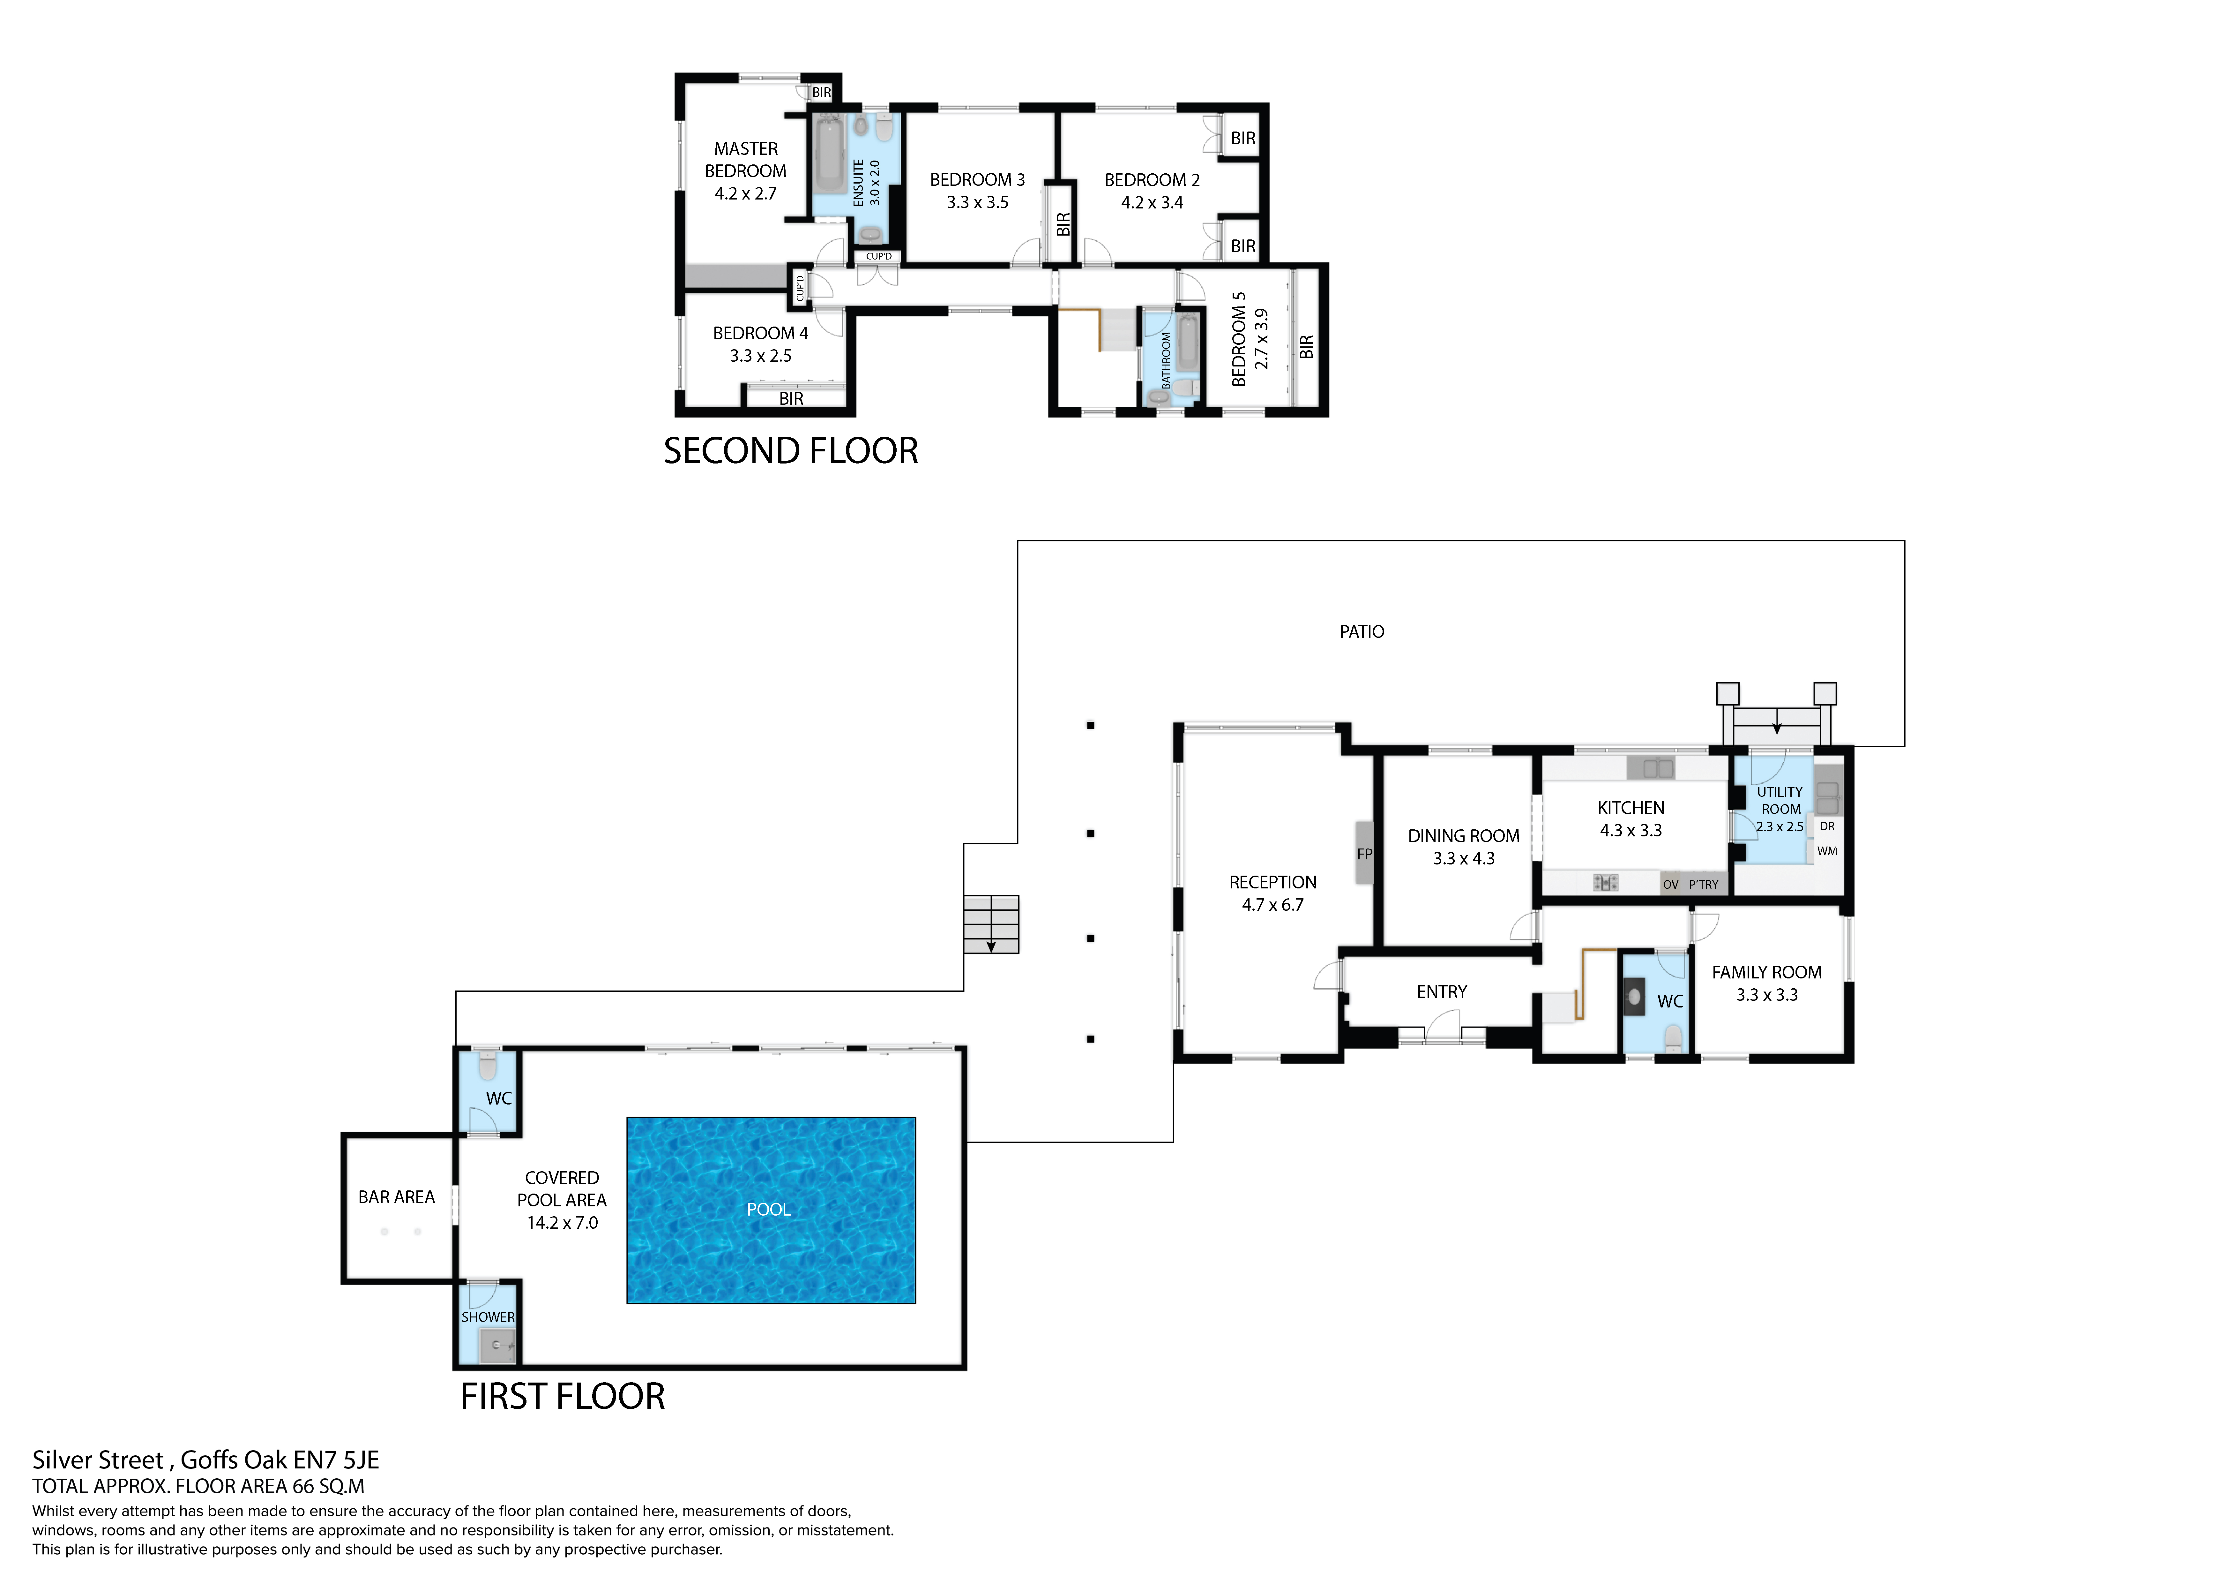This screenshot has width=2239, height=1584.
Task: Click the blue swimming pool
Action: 770,1210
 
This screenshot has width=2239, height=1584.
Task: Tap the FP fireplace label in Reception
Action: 1364,853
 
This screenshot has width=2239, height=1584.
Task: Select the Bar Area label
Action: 396,1197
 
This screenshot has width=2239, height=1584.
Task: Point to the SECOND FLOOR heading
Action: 790,451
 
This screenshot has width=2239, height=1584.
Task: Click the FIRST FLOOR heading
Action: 562,1397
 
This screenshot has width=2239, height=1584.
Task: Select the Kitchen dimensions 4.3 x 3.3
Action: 1631,830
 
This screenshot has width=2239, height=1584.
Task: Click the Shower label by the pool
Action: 488,1317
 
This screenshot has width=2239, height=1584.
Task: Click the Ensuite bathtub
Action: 830,156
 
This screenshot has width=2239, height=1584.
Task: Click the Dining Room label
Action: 1463,836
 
